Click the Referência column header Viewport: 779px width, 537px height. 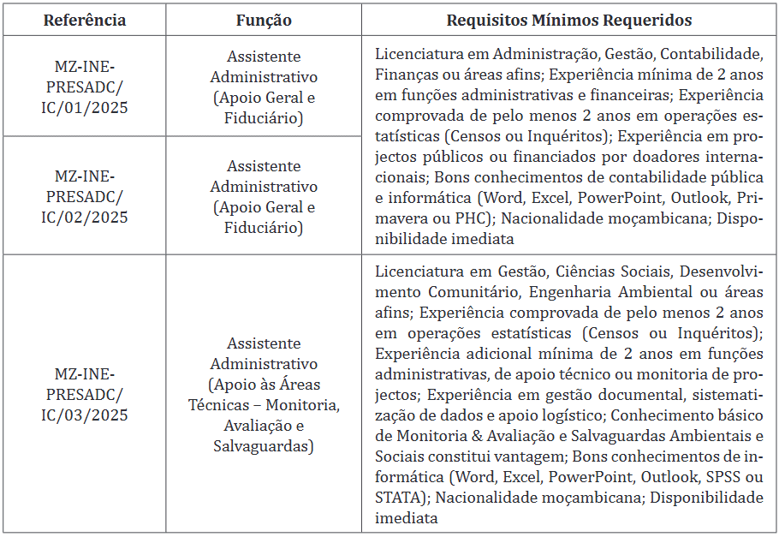(85, 20)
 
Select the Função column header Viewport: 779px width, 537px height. (264, 20)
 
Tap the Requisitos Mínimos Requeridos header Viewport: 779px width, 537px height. (569, 20)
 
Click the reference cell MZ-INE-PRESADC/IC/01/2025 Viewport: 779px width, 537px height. (85, 87)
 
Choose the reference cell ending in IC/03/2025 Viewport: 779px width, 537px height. (85, 394)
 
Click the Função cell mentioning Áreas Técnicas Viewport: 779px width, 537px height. (264, 394)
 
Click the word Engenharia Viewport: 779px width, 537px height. (558, 292)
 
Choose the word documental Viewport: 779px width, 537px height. (639, 395)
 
